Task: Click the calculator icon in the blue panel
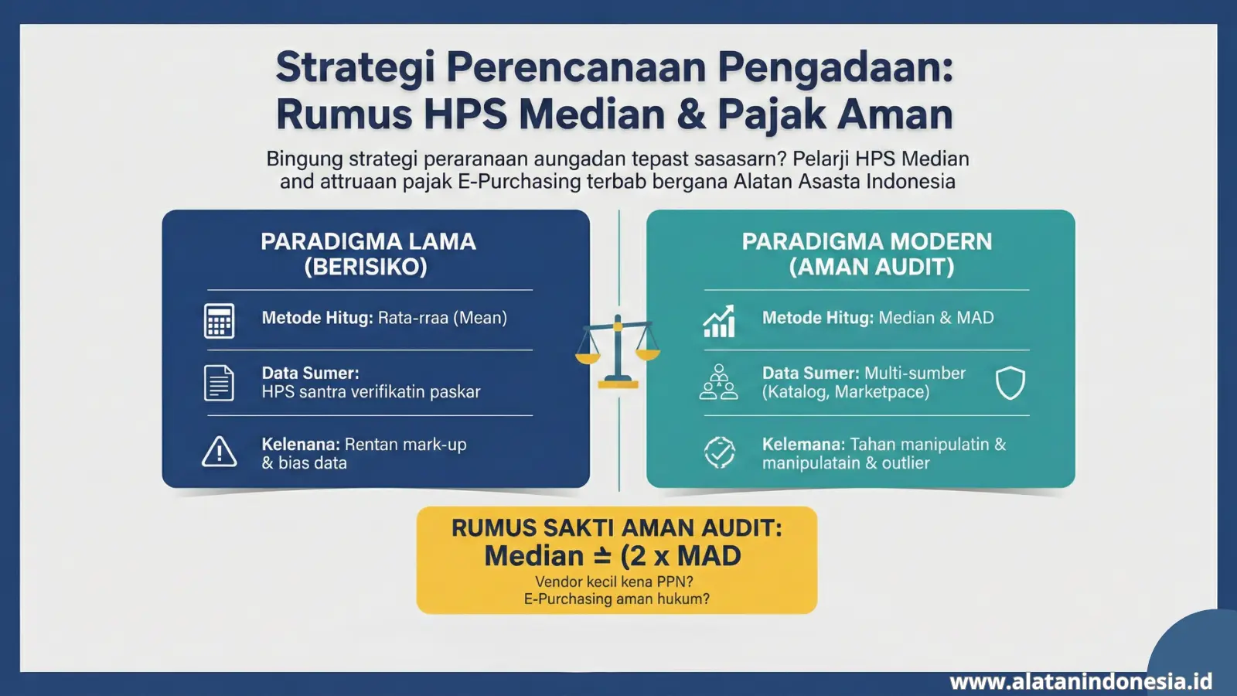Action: pos(220,320)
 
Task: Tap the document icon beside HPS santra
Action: pos(220,383)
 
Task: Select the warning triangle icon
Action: pos(220,452)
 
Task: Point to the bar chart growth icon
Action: pos(719,320)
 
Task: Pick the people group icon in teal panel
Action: pos(718,382)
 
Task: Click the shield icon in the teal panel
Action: pos(1010,383)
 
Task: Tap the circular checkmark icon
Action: pos(720,452)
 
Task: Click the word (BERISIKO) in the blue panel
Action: pos(366,268)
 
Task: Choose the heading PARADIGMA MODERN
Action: pos(867,242)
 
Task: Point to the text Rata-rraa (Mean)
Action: pos(442,318)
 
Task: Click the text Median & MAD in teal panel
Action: pos(936,318)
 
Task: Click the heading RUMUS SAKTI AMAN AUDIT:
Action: pos(617,528)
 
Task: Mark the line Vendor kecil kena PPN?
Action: pos(614,582)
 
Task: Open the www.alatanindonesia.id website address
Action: pos(1081,681)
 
